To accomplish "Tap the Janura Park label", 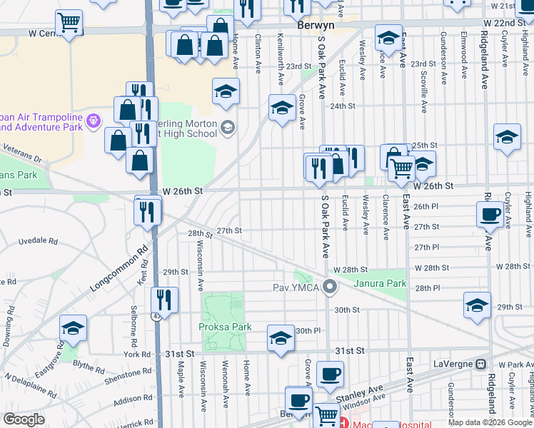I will click(381, 283).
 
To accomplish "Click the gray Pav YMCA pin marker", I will click(329, 287).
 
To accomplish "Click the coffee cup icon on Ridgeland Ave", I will click(490, 215).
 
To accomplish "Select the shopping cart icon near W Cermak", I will click(69, 22).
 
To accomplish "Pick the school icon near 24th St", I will click(282, 108).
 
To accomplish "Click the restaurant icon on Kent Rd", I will click(164, 300).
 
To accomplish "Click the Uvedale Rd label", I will click(43, 240).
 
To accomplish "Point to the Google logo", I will click(24, 419).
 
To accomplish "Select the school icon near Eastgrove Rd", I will click(73, 328).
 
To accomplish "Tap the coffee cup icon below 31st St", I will click(329, 374).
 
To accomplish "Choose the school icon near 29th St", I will click(477, 305).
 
